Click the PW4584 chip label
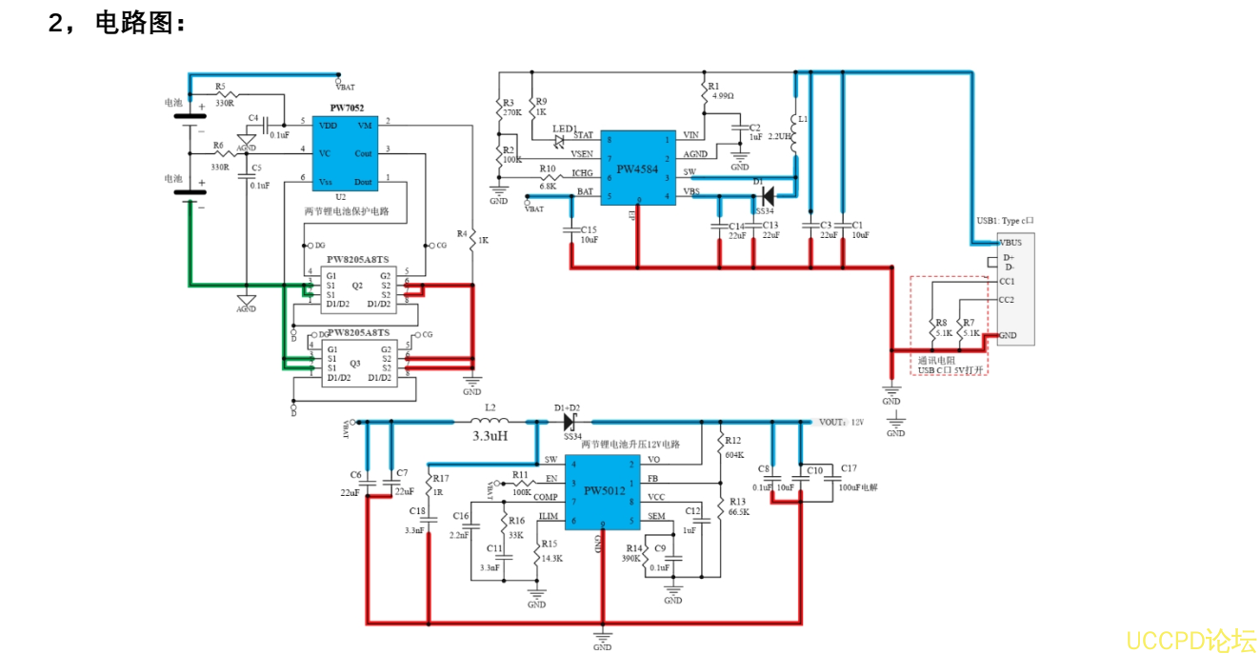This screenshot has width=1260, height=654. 637,169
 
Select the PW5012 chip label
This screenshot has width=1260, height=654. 605,491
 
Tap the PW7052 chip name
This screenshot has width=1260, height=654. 347,109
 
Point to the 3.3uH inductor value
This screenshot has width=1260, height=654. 490,435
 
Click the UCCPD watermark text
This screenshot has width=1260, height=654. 1190,640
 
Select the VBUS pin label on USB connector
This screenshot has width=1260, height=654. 1010,242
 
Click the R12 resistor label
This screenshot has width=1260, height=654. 732,441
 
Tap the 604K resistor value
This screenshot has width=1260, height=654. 734,455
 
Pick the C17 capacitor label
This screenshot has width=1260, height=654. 848,468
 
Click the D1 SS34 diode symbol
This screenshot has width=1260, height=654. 767,198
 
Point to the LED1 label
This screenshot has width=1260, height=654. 565,128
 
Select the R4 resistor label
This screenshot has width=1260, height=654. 462,232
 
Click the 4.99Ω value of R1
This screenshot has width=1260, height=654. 723,96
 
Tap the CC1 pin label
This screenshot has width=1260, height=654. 1007,282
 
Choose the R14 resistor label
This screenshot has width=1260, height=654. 634,548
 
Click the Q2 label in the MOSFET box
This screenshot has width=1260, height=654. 357,285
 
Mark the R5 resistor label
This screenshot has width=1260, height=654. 220,86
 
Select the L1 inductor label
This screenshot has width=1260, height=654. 803,119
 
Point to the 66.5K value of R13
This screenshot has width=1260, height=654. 739,511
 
